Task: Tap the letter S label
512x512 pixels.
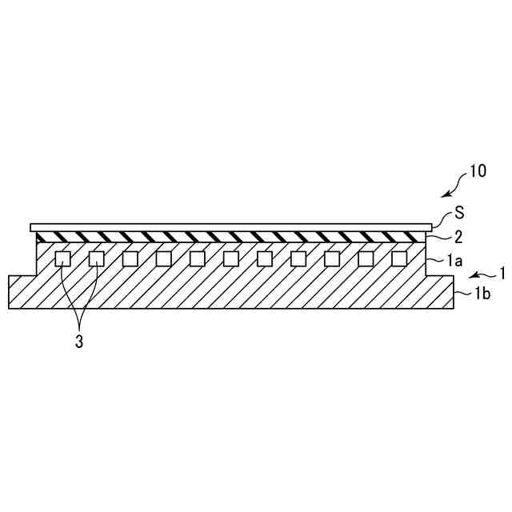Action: [x=459, y=214]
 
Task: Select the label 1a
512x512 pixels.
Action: [x=454, y=261]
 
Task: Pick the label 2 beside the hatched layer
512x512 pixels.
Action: [x=457, y=236]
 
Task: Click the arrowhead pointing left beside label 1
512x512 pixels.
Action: [x=473, y=274]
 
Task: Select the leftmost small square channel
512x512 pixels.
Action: [x=62, y=258]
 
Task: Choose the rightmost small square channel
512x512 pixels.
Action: [x=398, y=258]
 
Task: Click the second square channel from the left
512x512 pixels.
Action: [x=96, y=258]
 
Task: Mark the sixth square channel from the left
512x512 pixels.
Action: [x=230, y=258]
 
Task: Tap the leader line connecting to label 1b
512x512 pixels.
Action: [x=462, y=295]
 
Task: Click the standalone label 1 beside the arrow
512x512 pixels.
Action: [x=502, y=273]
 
